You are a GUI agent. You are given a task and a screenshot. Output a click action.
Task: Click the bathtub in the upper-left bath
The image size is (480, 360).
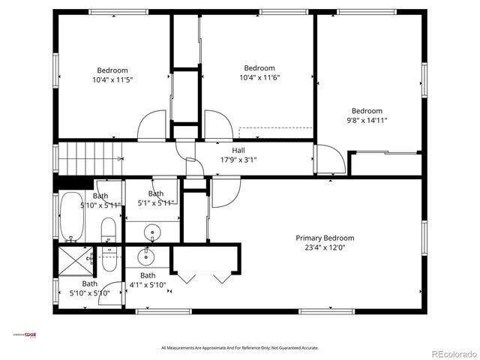click(x=73, y=217)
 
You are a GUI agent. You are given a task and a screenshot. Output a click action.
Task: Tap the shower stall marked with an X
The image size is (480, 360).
click(x=73, y=261)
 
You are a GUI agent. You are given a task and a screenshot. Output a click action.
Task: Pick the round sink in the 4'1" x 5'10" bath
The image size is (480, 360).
click(x=145, y=257)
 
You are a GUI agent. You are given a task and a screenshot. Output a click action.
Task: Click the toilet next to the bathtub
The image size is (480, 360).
click(x=108, y=229)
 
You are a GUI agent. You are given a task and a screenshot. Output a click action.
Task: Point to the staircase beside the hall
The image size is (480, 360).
click(x=90, y=158)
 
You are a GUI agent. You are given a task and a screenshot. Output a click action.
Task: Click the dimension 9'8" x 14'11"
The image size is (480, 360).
click(x=367, y=120)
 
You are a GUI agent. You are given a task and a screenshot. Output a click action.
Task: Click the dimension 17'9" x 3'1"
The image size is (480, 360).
click(x=238, y=160)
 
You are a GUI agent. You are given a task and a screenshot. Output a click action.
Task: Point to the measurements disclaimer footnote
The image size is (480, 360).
click(x=240, y=347)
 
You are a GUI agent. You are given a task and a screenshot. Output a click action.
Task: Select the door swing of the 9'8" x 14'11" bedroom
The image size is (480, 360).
click(x=330, y=159)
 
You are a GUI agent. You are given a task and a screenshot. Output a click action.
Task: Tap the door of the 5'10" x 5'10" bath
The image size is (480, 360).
click(x=111, y=292)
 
